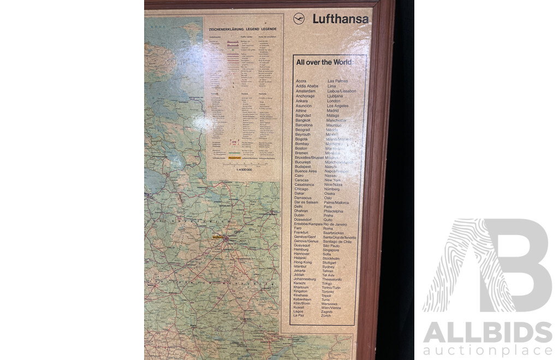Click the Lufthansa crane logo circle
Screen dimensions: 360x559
point(299,19)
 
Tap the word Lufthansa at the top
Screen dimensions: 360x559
point(340,19)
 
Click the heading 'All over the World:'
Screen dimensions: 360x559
point(325,62)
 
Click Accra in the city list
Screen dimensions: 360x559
point(301,81)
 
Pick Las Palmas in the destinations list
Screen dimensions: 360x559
point(337,81)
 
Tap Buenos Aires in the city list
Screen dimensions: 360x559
point(306,171)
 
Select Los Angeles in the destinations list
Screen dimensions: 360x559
point(341,106)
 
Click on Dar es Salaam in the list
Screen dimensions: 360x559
point(306,202)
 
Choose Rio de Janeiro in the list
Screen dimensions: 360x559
point(343,224)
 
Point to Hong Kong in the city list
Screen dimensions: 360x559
point(303,262)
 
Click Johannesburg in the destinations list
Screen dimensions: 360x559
point(305,279)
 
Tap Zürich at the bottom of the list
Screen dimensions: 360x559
point(326,316)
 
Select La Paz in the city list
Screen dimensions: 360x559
point(299,315)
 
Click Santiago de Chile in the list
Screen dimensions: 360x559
point(337,242)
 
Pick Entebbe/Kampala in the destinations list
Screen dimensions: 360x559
point(308,224)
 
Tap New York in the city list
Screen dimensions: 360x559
point(332,180)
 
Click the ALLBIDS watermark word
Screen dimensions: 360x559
point(487,333)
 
